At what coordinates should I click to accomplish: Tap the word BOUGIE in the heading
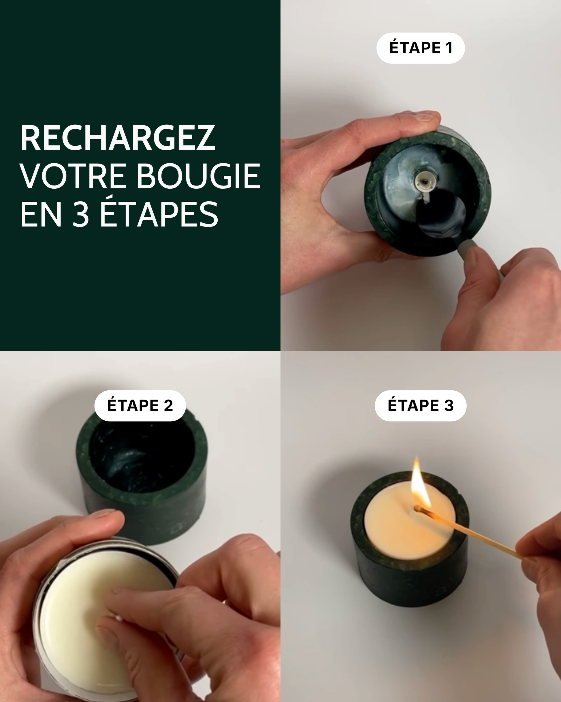pos(198,176)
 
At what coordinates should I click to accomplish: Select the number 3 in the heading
pos(80,214)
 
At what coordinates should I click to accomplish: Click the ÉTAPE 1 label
pos(420,48)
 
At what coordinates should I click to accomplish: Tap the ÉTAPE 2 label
pos(140,405)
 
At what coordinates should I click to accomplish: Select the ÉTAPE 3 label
pos(420,405)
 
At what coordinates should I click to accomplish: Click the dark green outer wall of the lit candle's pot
pos(410,583)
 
